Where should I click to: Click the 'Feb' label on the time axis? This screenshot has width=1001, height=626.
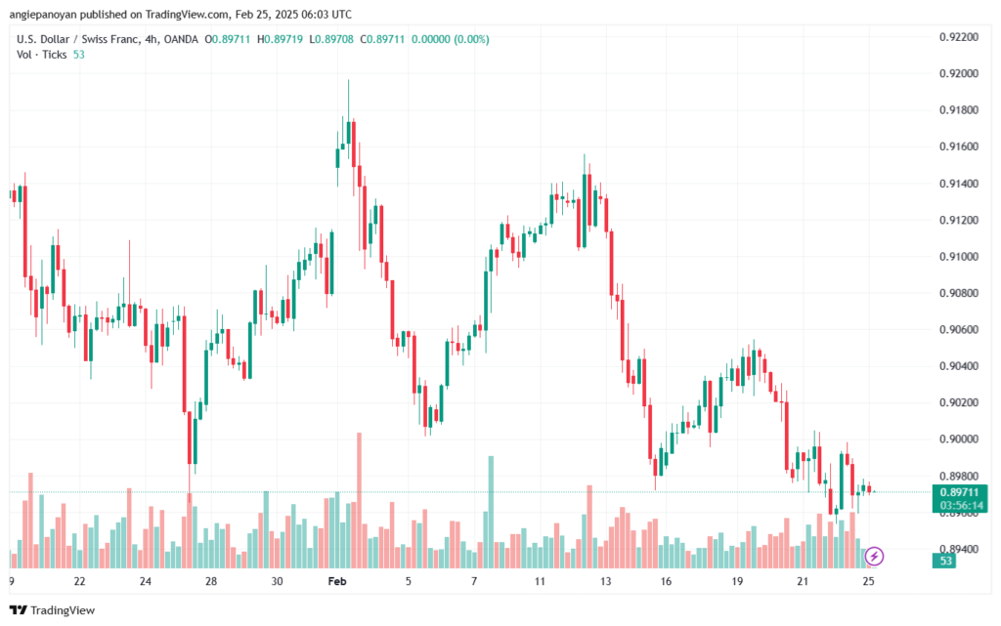337,581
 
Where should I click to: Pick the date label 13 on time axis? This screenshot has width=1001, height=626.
605,581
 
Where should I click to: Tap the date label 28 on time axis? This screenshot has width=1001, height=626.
211,581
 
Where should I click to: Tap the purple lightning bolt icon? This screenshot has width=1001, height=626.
875,556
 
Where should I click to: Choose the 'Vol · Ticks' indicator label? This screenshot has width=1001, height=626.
41,54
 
